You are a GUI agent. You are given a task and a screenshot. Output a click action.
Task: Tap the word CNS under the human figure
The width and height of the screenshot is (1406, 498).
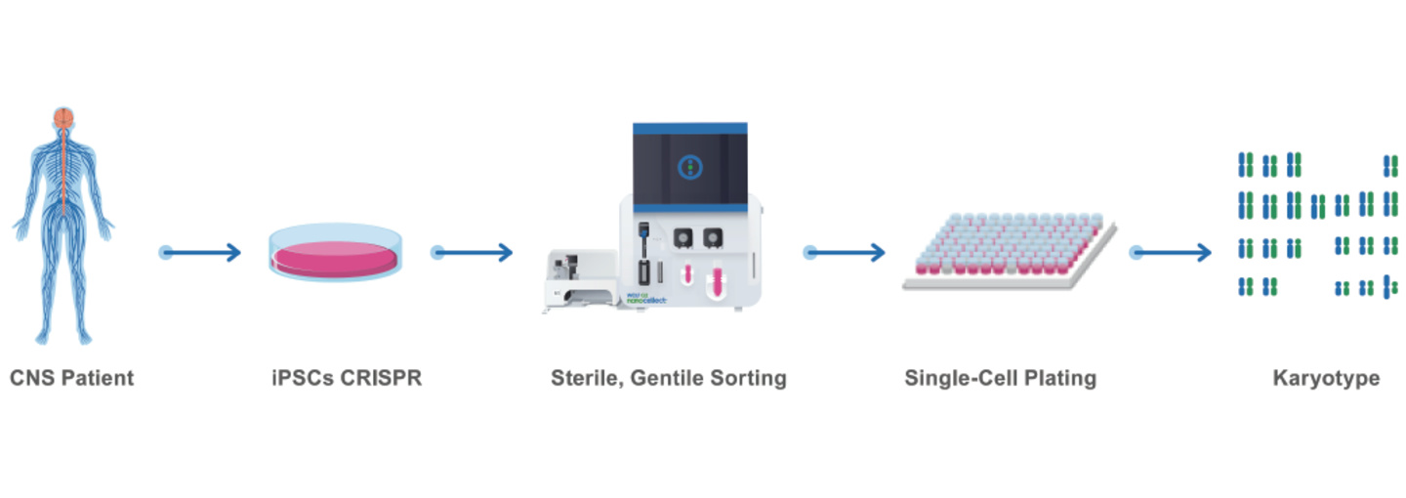pos(32,378)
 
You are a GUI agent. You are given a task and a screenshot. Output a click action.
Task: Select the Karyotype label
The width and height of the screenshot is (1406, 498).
pos(1326,378)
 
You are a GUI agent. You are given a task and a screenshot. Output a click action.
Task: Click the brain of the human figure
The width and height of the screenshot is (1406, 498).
pos(63,116)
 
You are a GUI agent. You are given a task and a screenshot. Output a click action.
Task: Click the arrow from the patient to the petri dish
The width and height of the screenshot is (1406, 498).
pos(201,253)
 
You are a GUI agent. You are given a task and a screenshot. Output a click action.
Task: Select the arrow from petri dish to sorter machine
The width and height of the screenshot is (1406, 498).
pos(473,253)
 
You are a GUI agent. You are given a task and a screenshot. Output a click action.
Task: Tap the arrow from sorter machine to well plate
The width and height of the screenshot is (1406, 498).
pos(846,253)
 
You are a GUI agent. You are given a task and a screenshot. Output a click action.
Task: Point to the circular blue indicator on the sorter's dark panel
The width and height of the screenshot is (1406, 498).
pos(690,167)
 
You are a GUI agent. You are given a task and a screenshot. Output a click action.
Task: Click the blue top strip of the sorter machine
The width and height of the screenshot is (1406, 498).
pos(690,128)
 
